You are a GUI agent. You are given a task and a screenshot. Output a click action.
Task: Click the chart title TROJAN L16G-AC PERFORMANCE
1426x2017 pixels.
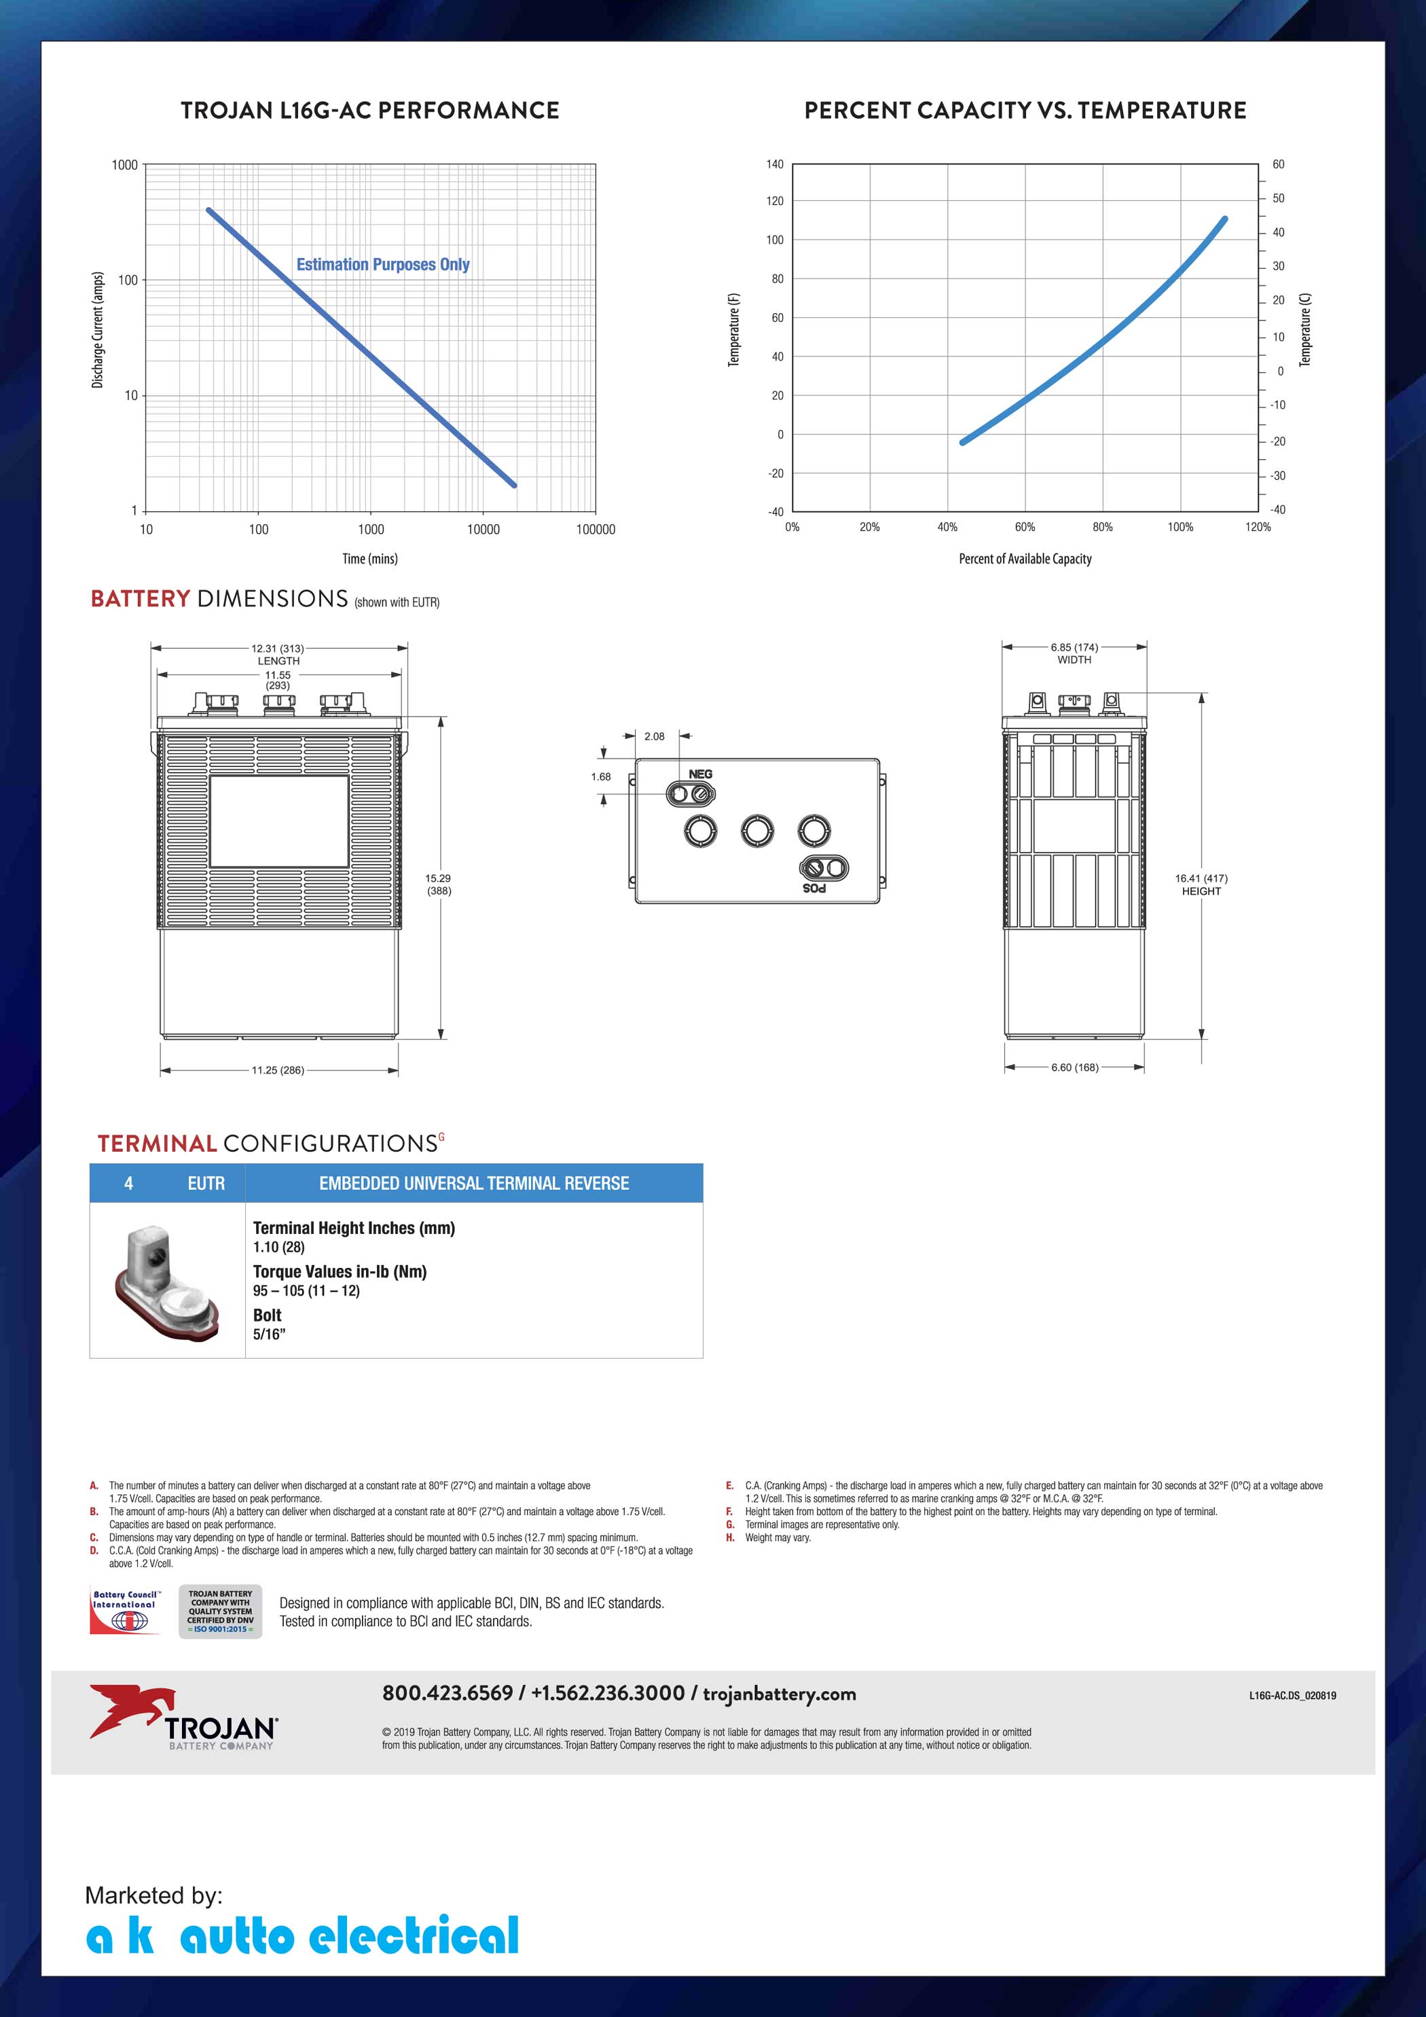[x=370, y=111]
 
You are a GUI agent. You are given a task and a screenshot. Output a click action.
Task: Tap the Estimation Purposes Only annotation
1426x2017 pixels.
[x=382, y=264]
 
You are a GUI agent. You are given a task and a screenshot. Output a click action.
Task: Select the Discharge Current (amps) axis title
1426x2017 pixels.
[x=98, y=329]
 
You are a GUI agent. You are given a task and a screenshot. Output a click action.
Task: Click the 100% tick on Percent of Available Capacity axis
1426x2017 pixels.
[x=1180, y=527]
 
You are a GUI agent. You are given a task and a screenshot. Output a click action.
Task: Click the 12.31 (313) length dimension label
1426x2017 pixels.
[x=278, y=649]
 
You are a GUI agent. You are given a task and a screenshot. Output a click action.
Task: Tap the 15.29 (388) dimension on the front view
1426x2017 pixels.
[x=439, y=884]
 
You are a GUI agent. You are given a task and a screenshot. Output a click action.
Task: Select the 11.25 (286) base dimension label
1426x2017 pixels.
[x=278, y=1070]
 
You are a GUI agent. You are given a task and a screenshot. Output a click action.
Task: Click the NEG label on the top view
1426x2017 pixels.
[x=700, y=774]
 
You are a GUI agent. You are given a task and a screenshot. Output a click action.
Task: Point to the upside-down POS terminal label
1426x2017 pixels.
[x=814, y=888]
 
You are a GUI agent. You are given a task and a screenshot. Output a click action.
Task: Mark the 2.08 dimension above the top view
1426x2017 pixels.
[x=655, y=736]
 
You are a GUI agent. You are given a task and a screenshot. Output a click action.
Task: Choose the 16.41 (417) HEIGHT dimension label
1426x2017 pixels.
[x=1201, y=884]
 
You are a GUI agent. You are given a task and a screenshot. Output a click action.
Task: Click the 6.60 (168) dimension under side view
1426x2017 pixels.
[x=1074, y=1068]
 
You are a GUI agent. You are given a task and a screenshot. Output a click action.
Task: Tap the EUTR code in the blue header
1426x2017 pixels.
[x=206, y=1183]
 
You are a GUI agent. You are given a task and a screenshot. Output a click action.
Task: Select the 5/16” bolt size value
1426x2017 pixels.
[x=270, y=1334]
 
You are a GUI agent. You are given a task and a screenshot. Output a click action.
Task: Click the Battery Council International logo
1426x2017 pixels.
[x=125, y=1611]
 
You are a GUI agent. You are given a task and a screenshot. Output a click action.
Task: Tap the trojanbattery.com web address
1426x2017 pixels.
[x=780, y=1693]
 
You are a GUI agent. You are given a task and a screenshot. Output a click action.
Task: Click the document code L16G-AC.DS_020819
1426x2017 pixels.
[x=1292, y=1696]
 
